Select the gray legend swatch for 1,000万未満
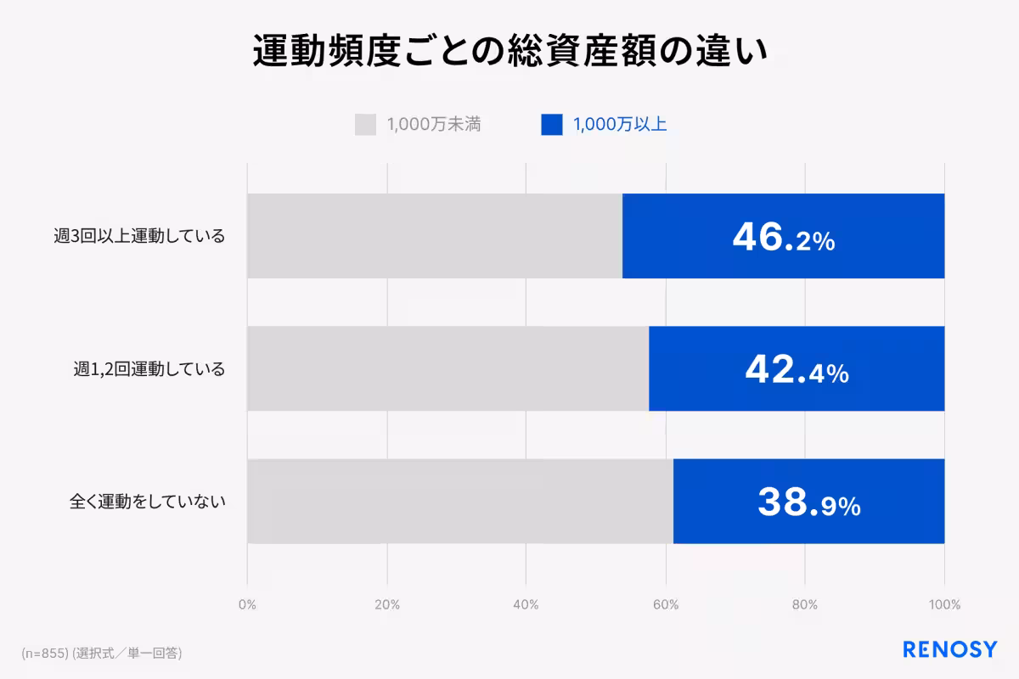tap(365, 125)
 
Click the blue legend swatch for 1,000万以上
tap(551, 125)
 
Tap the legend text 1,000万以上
tap(619, 125)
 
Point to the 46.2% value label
tap(783, 238)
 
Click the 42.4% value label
tap(797, 370)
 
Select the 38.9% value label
tap(808, 502)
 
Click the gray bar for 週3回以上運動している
tap(434, 236)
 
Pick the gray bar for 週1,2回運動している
tap(448, 368)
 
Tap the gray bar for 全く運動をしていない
tap(459, 502)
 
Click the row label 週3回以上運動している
tap(139, 236)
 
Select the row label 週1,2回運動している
tap(149, 369)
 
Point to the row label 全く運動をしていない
tap(147, 502)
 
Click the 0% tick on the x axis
tap(247, 605)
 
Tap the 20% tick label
tap(387, 605)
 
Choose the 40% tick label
tap(526, 605)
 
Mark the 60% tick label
tap(666, 605)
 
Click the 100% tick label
tap(944, 605)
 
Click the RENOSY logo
tap(949, 650)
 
